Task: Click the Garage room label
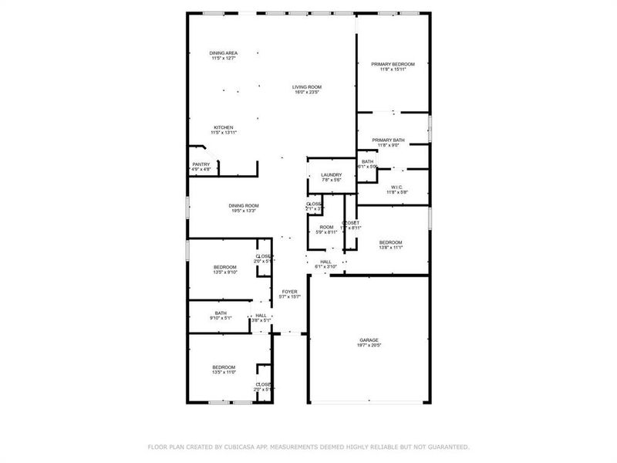pos(369,340)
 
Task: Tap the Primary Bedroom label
pos(393,64)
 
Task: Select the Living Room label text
pos(306,86)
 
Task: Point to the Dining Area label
pos(223,52)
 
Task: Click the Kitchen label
pos(223,127)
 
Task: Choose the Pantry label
pos(201,164)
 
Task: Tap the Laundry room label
pos(331,175)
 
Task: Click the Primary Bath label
pos(388,140)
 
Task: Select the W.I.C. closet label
pos(397,187)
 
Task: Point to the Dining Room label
pos(242,205)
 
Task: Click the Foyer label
pos(289,292)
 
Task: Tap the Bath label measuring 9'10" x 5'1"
pos(221,313)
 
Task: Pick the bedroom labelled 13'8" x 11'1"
pos(389,242)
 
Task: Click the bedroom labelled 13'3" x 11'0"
pos(224,367)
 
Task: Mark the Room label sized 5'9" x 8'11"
pos(325,227)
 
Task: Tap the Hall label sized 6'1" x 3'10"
pos(326,262)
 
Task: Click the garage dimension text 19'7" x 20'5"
pos(369,345)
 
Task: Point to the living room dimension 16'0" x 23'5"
pos(306,92)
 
